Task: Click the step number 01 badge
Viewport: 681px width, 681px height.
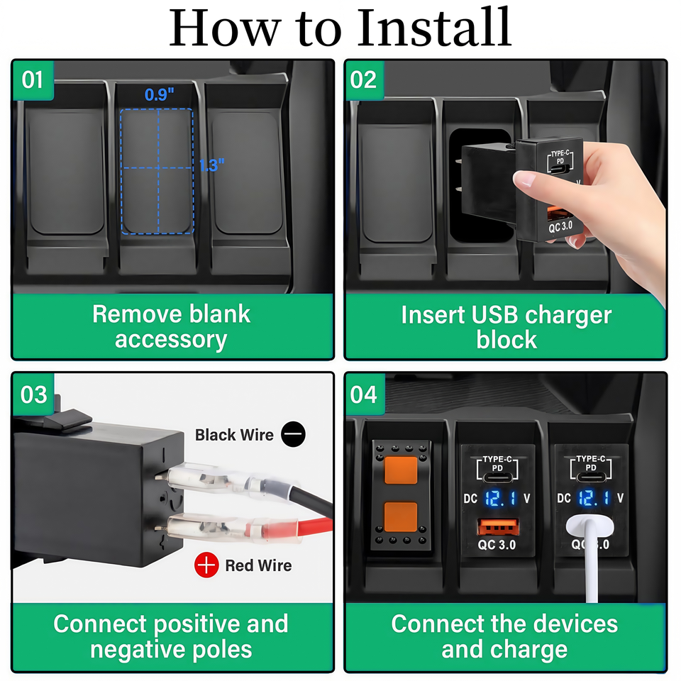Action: (33, 80)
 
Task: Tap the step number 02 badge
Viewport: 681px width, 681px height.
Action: (364, 80)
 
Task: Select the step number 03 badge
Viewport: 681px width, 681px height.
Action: (33, 394)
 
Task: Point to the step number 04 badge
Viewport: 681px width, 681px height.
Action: (365, 394)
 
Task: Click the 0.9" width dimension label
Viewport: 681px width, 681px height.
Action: (160, 94)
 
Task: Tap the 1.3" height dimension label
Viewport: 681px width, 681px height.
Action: (211, 165)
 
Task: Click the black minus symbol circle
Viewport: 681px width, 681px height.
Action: (293, 434)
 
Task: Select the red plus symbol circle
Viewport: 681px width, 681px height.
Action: (206, 565)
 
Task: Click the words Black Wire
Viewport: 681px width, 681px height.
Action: (234, 435)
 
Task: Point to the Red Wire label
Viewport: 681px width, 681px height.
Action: (258, 565)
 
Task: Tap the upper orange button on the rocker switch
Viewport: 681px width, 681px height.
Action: (401, 470)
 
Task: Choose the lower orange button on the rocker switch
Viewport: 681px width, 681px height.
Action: (401, 516)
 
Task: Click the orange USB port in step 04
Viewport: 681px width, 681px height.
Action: (498, 527)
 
